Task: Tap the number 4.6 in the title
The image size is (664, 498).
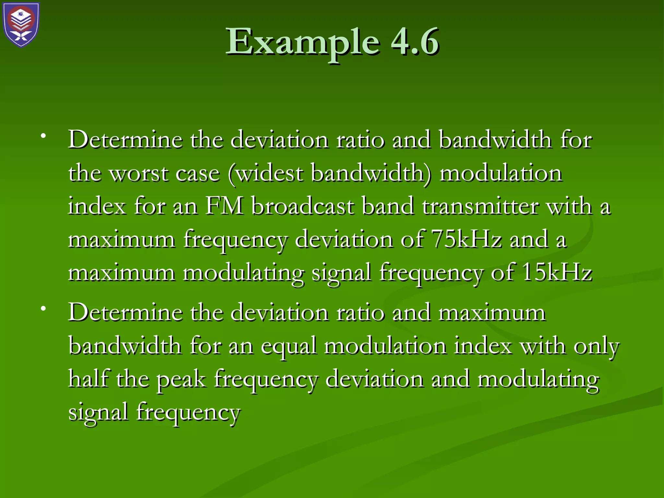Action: pos(415,42)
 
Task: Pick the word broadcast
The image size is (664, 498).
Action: pos(303,206)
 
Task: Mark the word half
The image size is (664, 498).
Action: pos(88,379)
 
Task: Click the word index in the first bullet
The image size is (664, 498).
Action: pos(97,206)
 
